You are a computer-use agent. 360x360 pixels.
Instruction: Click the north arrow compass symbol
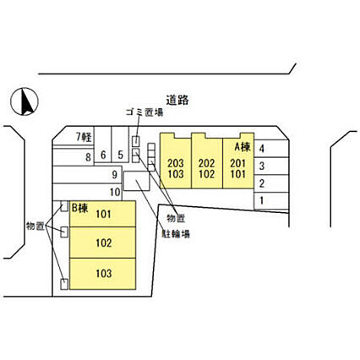point(25,101)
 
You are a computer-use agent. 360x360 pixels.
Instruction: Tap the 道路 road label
point(177,100)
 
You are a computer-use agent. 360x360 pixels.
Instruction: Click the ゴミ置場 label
point(145,112)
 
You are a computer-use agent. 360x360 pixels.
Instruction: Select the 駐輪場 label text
point(176,233)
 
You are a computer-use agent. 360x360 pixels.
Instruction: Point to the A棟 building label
point(243,147)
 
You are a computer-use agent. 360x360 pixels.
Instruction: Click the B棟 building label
point(80,208)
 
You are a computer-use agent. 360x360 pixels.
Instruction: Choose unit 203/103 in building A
point(176,161)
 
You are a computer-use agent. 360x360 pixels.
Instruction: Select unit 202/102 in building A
point(207,161)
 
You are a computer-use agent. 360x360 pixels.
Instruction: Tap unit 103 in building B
point(103,274)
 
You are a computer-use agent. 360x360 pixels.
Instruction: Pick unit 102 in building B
point(103,243)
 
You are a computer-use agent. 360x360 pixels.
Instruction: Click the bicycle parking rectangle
point(137,181)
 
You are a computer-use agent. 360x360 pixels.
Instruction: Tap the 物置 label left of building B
point(35,226)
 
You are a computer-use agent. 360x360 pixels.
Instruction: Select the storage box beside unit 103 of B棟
point(64,284)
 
